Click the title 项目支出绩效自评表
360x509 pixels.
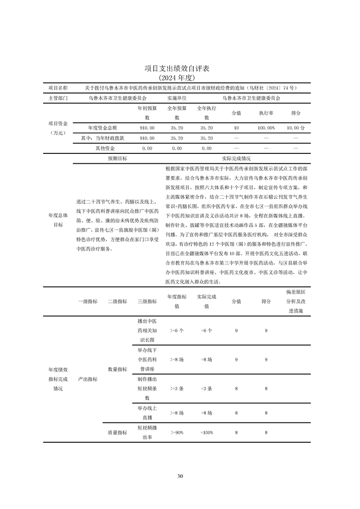tap(180, 69)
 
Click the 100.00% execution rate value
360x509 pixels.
tap(266, 128)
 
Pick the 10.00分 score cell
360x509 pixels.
tap(296, 128)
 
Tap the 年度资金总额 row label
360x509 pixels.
tap(102, 128)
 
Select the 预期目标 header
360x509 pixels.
tap(117, 159)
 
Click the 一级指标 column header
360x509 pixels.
tap(88, 301)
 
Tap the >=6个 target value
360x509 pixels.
tap(177, 331)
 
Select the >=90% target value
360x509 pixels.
tap(177, 433)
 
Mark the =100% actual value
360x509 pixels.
tap(207, 433)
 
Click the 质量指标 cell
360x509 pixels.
tap(117, 433)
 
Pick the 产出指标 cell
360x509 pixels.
tap(88, 379)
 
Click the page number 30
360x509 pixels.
tap(180, 476)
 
